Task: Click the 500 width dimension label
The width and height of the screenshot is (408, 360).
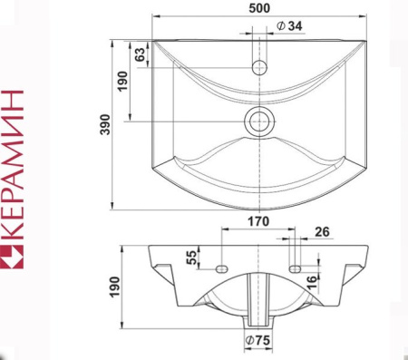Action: point(259,8)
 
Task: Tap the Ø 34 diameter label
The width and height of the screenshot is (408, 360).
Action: point(289,26)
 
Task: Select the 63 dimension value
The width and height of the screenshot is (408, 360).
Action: point(140,54)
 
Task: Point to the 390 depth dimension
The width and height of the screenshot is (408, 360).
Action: point(105,124)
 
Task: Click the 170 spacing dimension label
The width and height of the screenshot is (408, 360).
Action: point(258,221)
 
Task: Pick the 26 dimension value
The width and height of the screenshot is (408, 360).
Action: point(322,232)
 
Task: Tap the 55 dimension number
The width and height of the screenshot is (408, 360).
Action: point(191,258)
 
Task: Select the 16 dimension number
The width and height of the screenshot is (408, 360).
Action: point(313,282)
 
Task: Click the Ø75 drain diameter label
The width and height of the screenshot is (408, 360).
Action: point(257,341)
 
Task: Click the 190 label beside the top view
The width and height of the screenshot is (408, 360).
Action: point(122,81)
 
